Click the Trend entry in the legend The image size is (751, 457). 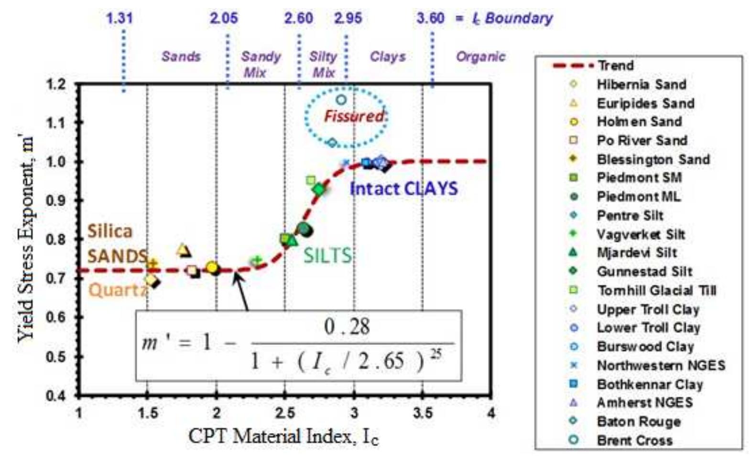pos(615,66)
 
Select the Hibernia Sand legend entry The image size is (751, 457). pos(641,85)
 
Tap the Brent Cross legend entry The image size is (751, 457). pos(634,440)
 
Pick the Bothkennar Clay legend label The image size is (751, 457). pos(649,384)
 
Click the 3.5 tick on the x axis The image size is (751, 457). pos(423,412)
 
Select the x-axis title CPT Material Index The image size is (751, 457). pos(283,436)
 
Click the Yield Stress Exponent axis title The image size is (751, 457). pos(27,239)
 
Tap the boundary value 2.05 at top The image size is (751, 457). pos(224,19)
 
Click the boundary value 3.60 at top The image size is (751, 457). pos(430,19)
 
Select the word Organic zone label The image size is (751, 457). pos(480,57)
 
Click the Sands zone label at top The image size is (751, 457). pos(181,56)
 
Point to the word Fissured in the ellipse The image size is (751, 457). pos(354,116)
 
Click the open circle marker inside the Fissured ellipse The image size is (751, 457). pos(341,100)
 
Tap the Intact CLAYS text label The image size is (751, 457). pos(403,189)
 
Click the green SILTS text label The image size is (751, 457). pos(327,256)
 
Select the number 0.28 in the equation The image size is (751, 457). pos(347,327)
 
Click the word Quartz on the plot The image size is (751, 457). pos(118,290)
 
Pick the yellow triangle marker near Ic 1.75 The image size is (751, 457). pos(182,250)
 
